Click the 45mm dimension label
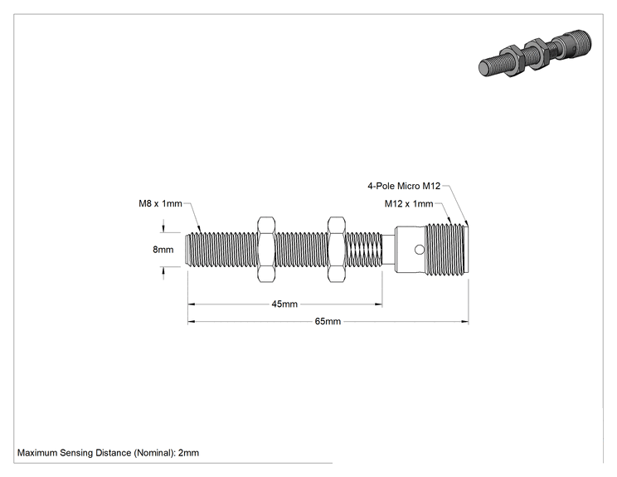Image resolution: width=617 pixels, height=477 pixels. [x=284, y=304]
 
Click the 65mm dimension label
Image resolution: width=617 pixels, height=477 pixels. [x=328, y=321]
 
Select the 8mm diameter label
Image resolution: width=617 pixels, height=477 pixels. [x=163, y=250]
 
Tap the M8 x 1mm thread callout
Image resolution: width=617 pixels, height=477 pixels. [x=160, y=203]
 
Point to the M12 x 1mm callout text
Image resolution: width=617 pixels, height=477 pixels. [x=409, y=203]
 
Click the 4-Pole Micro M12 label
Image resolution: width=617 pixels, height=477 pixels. [x=404, y=186]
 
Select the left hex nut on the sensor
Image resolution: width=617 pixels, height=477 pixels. [x=266, y=250]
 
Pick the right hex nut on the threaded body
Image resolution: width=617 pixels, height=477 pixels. [x=337, y=250]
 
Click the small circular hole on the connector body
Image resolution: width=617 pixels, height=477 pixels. [x=420, y=250]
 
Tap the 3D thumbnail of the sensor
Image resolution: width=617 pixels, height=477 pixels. [x=535, y=53]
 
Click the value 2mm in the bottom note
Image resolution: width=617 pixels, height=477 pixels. [x=188, y=453]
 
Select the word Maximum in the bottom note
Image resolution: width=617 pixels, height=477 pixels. [x=37, y=453]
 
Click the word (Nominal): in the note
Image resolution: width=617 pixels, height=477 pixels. [x=154, y=453]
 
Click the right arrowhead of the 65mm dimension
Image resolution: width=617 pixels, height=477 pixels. [x=465, y=322]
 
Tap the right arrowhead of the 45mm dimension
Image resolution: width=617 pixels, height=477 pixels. [x=379, y=304]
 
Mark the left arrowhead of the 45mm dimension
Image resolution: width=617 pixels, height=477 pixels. [x=192, y=304]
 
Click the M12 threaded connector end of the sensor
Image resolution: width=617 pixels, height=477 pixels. [x=447, y=250]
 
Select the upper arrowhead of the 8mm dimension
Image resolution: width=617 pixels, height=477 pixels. [x=163, y=229]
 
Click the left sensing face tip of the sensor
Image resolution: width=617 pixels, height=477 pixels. [x=187, y=250]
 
